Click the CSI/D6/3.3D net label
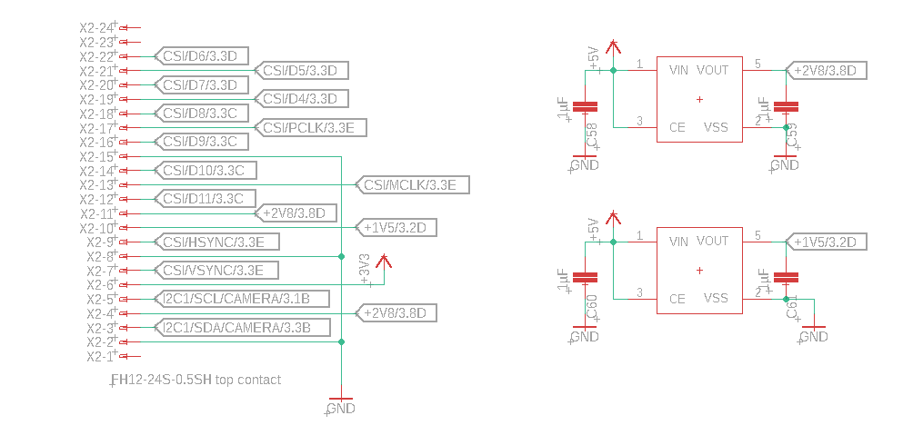click(200, 56)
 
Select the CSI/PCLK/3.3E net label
click(308, 127)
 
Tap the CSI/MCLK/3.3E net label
click(410, 185)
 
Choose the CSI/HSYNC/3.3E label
click(214, 242)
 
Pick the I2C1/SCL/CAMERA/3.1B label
click(236, 299)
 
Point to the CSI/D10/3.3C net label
click(205, 170)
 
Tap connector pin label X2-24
click(97, 28)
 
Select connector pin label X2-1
click(99, 356)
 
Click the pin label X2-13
click(97, 185)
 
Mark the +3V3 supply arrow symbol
click(383, 263)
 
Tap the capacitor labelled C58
click(590, 107)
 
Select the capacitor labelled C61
click(791, 278)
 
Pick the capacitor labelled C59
click(791, 107)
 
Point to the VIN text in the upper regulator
click(678, 70)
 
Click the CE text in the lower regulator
click(677, 298)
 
